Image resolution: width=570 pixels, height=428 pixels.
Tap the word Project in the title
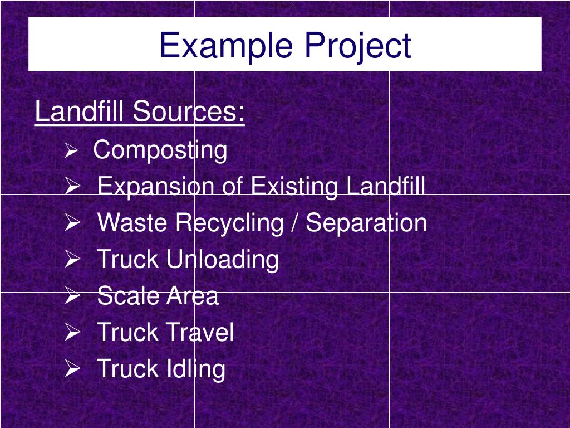click(x=358, y=45)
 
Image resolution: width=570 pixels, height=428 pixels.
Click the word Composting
click(x=160, y=150)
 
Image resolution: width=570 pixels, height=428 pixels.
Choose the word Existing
click(x=294, y=186)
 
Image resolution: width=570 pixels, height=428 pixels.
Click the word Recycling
click(x=229, y=223)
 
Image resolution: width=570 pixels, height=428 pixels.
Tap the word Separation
click(x=366, y=223)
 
